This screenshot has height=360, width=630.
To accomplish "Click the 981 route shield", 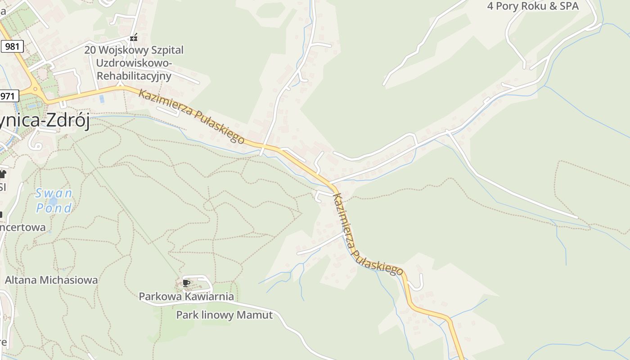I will (x=12, y=46).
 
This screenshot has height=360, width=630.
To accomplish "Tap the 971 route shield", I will (x=9, y=96).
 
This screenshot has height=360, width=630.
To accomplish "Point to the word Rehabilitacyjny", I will (x=134, y=76).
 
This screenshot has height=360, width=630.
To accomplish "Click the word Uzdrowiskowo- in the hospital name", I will (x=134, y=63).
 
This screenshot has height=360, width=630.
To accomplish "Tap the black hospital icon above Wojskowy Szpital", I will (x=133, y=37).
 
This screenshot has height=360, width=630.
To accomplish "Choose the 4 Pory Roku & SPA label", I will (x=533, y=6).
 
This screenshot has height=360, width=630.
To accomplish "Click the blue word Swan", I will (x=54, y=193).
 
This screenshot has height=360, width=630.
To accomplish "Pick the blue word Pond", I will (x=54, y=208).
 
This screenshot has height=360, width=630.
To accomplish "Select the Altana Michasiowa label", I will (x=51, y=280).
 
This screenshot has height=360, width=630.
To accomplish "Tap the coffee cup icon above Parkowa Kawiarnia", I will (x=186, y=283).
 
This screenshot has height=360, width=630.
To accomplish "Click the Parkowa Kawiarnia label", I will (x=186, y=297).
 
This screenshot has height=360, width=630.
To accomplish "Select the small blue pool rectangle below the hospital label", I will (x=102, y=99).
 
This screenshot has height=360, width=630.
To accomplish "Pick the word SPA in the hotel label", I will (x=568, y=6).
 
